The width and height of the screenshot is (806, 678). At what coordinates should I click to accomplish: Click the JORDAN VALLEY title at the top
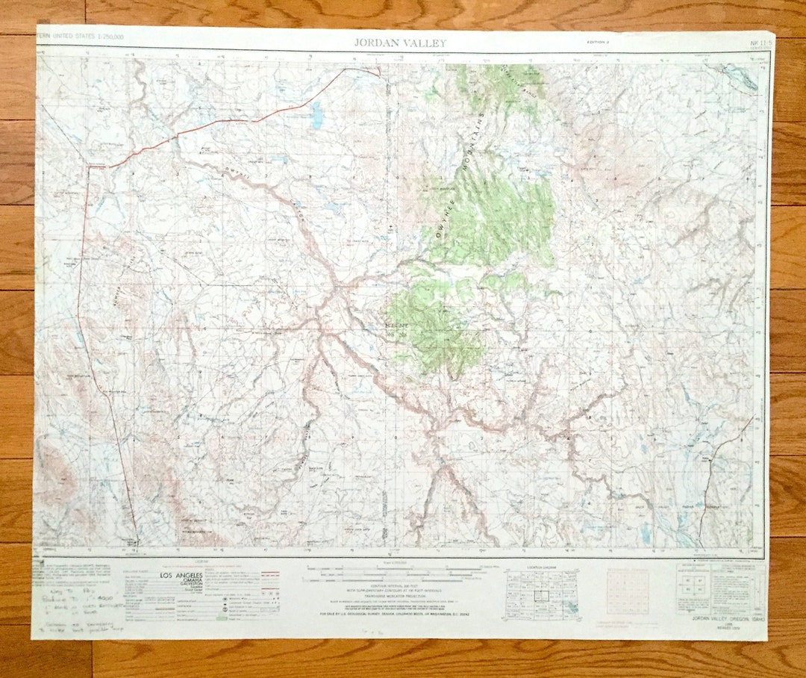(x=399, y=43)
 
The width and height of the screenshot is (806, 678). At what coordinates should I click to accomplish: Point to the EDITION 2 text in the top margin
(x=598, y=43)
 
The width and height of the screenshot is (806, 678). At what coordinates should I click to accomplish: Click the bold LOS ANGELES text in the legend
(x=178, y=575)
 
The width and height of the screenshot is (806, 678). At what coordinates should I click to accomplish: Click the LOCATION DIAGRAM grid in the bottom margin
(x=542, y=594)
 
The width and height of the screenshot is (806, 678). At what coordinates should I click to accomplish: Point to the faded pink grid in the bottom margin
(x=628, y=591)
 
